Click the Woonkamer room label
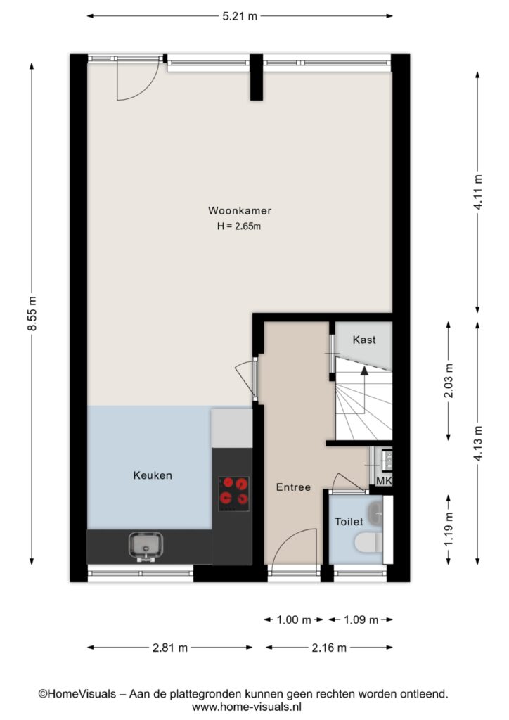point(240,211)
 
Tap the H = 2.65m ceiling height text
point(239,226)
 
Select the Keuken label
point(153,475)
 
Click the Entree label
point(293,487)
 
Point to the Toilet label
point(349,522)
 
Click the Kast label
point(364,340)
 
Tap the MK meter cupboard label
point(384,481)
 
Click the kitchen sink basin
point(146,546)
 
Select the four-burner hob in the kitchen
point(234,494)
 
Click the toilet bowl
point(368,543)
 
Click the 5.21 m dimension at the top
point(240,17)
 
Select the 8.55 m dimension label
point(32,314)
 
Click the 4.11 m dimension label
point(478,193)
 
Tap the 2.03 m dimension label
point(449,380)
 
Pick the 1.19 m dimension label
point(449,529)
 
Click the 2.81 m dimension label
point(170,648)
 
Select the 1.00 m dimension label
point(294,620)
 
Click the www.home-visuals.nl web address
point(247,707)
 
